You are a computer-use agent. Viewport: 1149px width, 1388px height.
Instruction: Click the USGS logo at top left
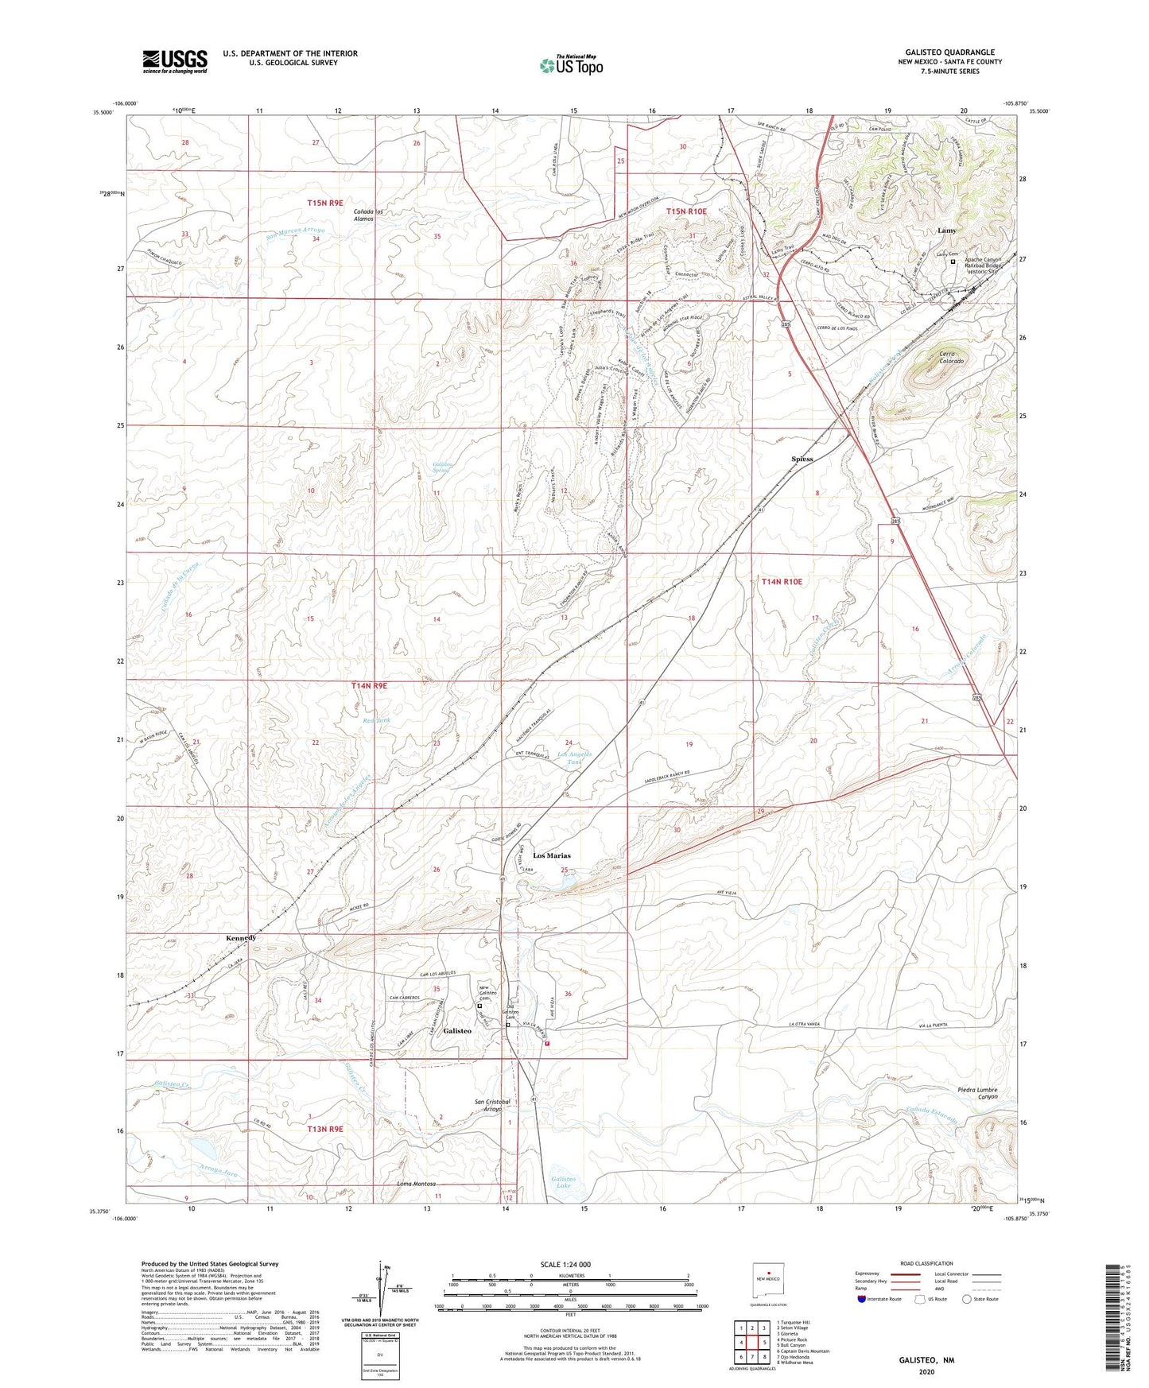(x=175, y=60)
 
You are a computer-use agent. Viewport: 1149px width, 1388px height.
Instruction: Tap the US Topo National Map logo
(x=571, y=65)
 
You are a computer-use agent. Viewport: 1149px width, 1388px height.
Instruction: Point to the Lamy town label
(x=946, y=231)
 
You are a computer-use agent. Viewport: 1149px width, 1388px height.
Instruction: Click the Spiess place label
(x=802, y=459)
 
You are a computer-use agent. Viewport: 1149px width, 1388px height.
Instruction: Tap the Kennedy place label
(x=240, y=938)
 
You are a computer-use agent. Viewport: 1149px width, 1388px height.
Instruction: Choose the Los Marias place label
(x=552, y=855)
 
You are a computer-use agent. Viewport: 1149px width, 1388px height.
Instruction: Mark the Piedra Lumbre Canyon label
(x=976, y=1093)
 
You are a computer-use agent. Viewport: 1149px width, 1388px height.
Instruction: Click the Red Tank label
(x=377, y=720)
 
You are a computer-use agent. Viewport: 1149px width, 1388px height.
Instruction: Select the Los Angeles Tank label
(x=574, y=758)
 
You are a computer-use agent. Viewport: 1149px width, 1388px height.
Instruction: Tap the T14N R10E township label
(x=782, y=582)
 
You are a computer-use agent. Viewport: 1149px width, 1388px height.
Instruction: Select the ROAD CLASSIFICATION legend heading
(x=926, y=1263)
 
